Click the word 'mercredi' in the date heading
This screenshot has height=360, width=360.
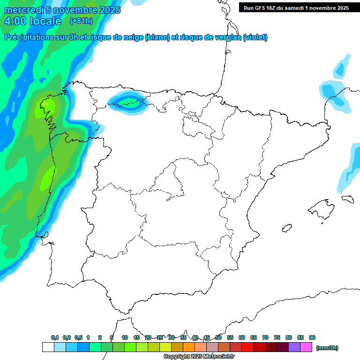coord(22,10)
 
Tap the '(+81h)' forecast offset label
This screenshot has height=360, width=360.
coord(81,21)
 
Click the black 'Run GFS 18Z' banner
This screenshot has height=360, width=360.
coord(296,7)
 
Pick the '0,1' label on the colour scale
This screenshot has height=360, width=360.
coord(55,337)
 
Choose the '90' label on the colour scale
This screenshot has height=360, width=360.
coord(312,337)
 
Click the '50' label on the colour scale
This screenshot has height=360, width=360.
coord(218,337)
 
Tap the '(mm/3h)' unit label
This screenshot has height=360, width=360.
coord(327,348)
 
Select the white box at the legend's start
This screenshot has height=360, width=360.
coord(48,347)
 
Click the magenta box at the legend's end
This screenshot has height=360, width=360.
coord(306,347)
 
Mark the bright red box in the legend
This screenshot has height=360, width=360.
coord(247,347)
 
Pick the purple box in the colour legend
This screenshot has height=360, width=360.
coord(294,347)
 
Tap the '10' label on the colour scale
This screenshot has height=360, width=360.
coord(125,337)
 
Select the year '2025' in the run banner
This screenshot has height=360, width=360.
coord(340,7)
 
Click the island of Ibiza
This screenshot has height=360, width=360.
coord(286,228)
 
